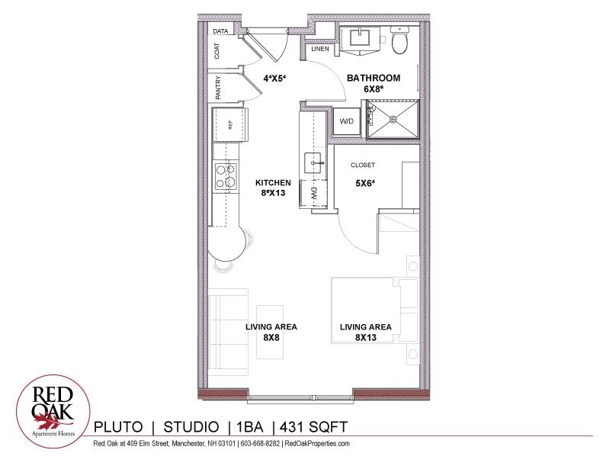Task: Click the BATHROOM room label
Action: [374, 79]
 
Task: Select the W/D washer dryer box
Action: [347, 121]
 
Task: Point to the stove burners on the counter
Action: [225, 177]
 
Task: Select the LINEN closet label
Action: [320, 50]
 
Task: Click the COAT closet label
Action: [217, 51]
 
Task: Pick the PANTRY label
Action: [217, 88]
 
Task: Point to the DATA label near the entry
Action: [221, 31]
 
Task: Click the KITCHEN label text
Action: [273, 183]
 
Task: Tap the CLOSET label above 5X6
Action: [363, 166]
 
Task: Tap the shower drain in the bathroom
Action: [393, 119]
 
